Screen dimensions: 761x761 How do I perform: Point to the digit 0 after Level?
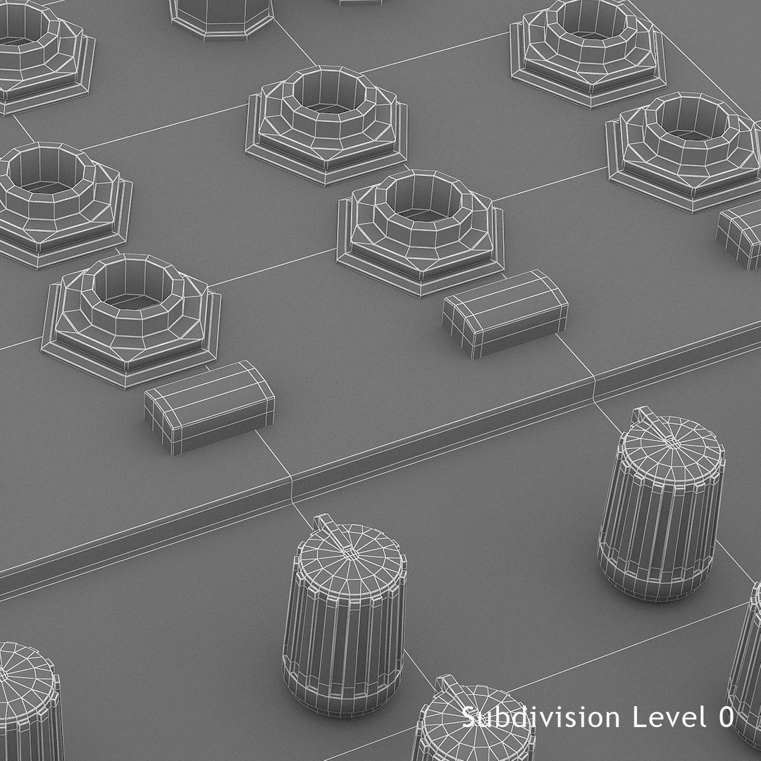(726, 718)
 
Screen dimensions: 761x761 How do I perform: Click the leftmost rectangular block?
(209, 405)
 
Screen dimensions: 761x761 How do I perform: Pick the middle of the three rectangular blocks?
(505, 312)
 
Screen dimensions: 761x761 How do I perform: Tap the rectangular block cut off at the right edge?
(740, 234)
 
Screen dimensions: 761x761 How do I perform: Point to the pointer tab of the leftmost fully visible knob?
(326, 524)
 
